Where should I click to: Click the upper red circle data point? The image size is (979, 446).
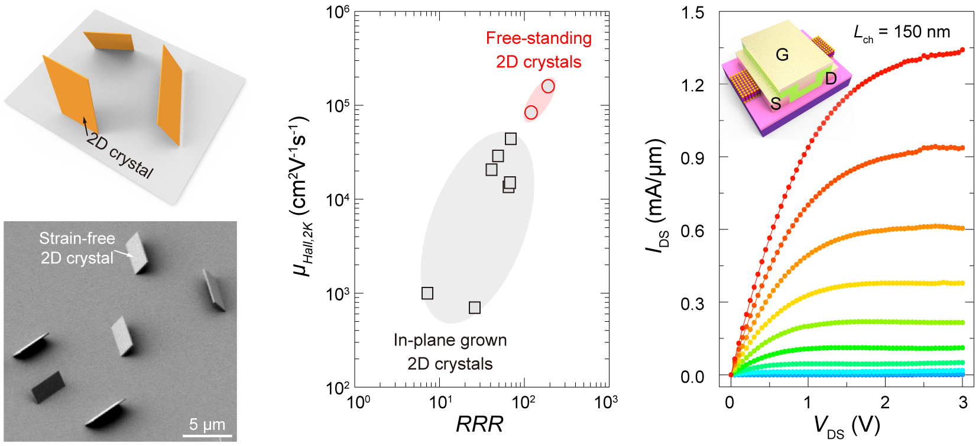tap(548, 86)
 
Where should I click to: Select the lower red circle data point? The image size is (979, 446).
tap(531, 112)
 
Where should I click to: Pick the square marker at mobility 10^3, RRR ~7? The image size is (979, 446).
tap(427, 293)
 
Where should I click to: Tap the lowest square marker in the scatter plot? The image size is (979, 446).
tap(474, 308)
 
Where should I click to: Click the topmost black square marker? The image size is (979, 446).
tap(511, 139)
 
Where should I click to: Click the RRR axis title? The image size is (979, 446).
tap(479, 424)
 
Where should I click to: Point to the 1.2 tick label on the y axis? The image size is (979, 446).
tap(692, 86)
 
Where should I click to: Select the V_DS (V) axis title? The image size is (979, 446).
tap(847, 425)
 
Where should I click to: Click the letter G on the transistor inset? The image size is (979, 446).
tap(782, 55)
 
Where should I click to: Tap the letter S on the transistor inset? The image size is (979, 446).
tap(776, 104)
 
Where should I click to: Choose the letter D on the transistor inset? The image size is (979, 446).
tap(831, 79)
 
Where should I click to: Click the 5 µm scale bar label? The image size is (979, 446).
tap(207, 424)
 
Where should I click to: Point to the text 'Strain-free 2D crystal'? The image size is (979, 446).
tap(77, 248)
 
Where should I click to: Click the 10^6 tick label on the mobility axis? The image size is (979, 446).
tap(338, 12)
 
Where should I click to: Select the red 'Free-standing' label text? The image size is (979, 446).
tap(539, 38)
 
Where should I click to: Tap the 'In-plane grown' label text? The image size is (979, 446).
tap(450, 340)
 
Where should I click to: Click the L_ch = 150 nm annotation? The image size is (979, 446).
tap(902, 33)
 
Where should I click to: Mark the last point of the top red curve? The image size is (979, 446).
tap(962, 50)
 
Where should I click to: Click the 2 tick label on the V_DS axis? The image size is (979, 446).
tap(885, 402)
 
